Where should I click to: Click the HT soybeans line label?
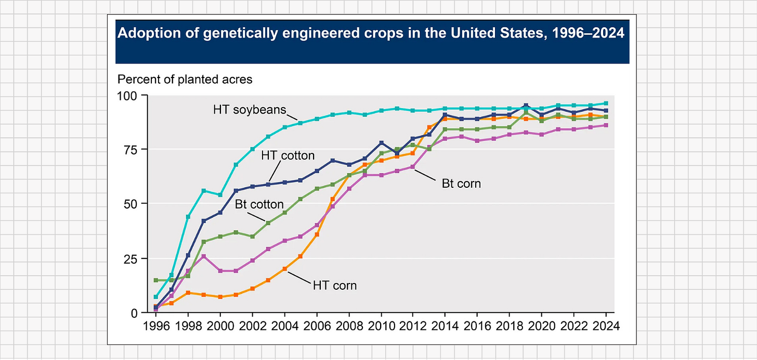pyautogui.click(x=250, y=110)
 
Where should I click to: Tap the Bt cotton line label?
pyautogui.click(x=259, y=204)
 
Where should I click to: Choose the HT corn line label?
pyautogui.click(x=335, y=285)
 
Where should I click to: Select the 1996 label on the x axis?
pyautogui.click(x=155, y=327)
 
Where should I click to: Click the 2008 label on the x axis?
pyautogui.click(x=349, y=327)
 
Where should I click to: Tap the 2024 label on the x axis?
pyautogui.click(x=606, y=327)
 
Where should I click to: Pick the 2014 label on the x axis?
pyautogui.click(x=446, y=327)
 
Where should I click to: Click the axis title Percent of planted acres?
pyautogui.click(x=185, y=80)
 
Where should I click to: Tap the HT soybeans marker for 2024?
pyautogui.click(x=606, y=103)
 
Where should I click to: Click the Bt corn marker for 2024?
pyautogui.click(x=606, y=125)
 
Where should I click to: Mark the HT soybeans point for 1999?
pyautogui.click(x=204, y=190)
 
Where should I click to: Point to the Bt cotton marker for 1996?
pyautogui.click(x=155, y=280)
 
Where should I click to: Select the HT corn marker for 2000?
pyautogui.click(x=220, y=297)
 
